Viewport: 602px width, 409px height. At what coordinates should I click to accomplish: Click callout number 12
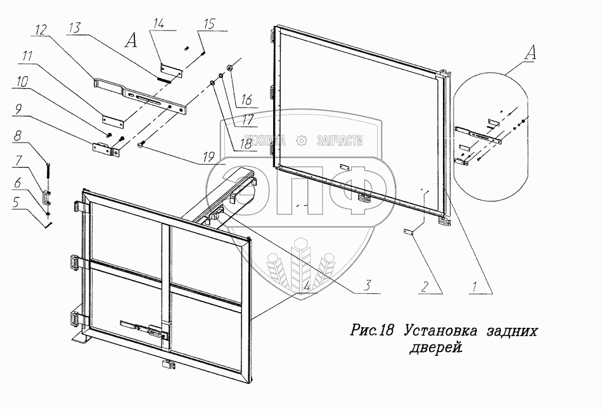41,30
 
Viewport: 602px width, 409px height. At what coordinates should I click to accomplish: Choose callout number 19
208,156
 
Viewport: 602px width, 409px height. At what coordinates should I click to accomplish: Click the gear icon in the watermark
302,141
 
